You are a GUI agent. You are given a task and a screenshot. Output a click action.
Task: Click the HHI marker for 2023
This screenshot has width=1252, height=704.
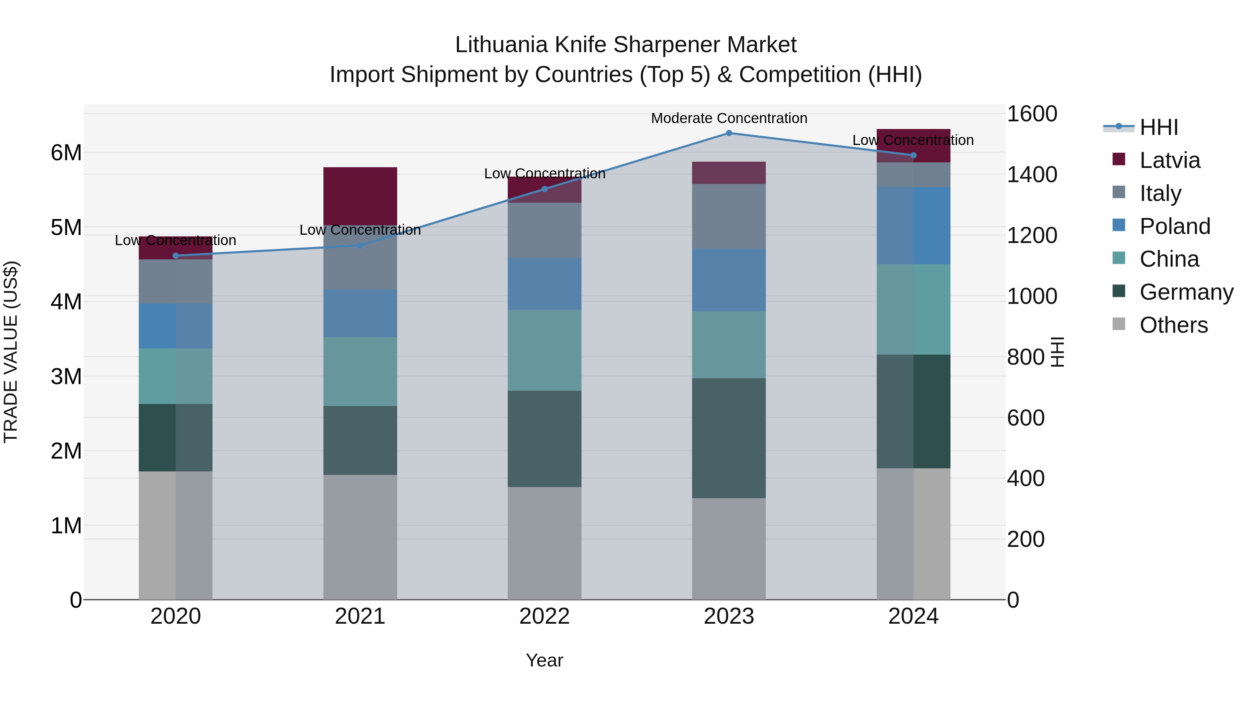tap(729, 133)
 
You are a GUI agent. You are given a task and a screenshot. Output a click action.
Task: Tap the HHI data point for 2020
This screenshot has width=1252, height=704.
tap(176, 256)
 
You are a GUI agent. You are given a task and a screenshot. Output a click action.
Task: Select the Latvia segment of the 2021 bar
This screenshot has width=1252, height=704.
tap(360, 195)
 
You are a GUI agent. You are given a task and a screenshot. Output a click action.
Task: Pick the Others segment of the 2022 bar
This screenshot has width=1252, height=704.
tap(544, 543)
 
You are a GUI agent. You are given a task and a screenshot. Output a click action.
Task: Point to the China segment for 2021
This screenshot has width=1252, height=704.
tap(360, 371)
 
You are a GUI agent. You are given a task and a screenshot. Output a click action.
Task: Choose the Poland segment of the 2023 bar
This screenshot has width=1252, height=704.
tap(729, 280)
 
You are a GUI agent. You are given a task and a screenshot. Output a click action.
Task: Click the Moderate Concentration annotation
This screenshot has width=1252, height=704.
tap(729, 118)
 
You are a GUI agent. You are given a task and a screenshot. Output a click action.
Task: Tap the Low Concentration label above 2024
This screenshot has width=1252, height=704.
tap(913, 140)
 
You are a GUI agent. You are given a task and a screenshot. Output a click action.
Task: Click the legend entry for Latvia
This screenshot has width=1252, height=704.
tap(1169, 160)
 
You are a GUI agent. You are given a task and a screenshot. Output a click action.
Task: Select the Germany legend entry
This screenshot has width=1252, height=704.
tap(1186, 292)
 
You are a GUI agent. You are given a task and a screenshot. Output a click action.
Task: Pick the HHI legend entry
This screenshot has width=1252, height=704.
tap(1159, 127)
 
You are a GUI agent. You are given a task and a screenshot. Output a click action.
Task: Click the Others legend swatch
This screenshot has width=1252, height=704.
tap(1119, 324)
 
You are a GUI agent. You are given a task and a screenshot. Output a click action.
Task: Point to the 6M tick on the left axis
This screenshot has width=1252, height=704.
tap(66, 153)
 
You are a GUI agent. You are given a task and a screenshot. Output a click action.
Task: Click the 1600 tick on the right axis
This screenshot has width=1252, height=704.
tap(1032, 114)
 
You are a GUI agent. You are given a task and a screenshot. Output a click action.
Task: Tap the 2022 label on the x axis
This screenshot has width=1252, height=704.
tap(544, 616)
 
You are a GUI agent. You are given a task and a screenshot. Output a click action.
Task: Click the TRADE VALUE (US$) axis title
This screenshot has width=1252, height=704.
tap(11, 352)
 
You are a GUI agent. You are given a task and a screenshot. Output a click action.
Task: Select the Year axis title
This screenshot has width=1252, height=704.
tap(544, 660)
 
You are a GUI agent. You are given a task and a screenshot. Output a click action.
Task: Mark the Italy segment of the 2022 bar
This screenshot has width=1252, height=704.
tap(544, 230)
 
